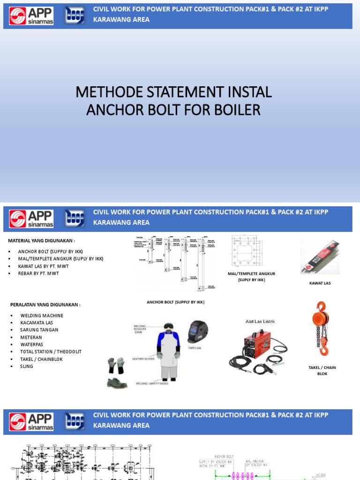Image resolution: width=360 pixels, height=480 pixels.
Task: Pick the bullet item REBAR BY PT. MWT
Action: (x=38, y=273)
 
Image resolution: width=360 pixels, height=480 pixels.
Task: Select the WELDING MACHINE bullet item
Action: (x=42, y=315)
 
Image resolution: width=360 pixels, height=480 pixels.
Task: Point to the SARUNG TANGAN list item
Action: (x=39, y=330)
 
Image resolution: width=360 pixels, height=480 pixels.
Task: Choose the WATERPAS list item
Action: (x=32, y=345)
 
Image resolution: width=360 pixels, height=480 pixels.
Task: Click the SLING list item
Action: (x=27, y=366)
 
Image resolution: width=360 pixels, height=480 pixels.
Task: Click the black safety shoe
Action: (x=116, y=383)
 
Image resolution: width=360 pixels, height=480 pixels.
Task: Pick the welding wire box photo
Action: (x=320, y=257)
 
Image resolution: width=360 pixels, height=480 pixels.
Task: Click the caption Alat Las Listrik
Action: (x=260, y=321)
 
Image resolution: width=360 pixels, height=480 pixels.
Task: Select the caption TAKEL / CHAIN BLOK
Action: (x=322, y=370)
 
